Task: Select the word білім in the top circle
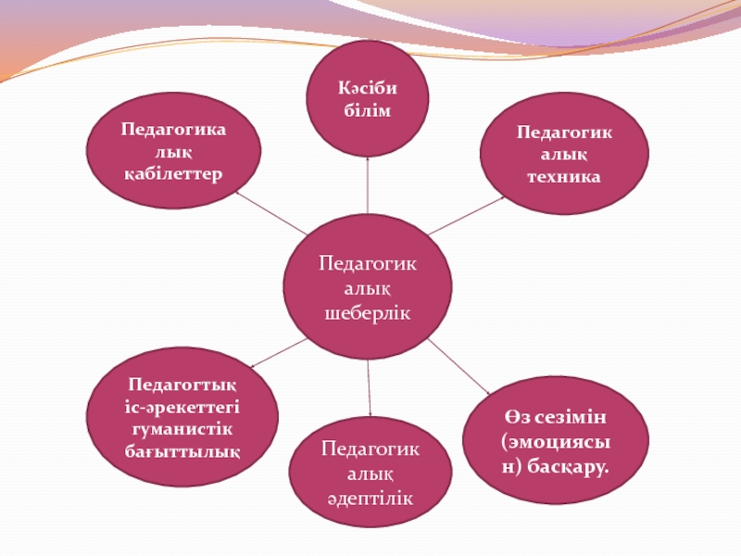coord(368,111)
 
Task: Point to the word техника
coord(564,175)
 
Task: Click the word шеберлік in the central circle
coord(368,313)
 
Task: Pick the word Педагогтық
coord(182,384)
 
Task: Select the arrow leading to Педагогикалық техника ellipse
coord(468,214)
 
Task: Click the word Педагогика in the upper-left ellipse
coord(173,130)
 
